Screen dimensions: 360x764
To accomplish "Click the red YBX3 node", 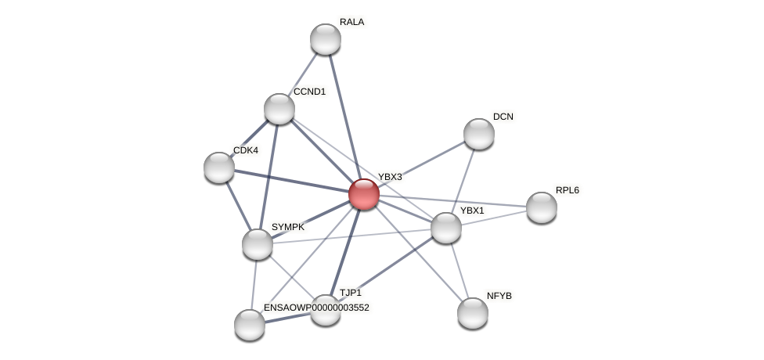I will pyautogui.click(x=364, y=194).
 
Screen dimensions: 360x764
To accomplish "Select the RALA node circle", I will pyautogui.click(x=326, y=39).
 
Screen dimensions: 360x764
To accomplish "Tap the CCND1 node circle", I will pyautogui.click(x=279, y=109).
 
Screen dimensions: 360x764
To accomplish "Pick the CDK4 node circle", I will pyautogui.click(x=219, y=167).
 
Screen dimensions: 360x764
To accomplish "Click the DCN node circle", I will pyautogui.click(x=479, y=134).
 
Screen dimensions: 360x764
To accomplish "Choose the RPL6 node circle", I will pyautogui.click(x=542, y=207).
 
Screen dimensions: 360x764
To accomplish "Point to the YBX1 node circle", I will pyautogui.click(x=446, y=228).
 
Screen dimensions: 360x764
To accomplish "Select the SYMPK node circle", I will pyautogui.click(x=258, y=244).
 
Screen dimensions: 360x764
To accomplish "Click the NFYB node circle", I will pyautogui.click(x=473, y=313).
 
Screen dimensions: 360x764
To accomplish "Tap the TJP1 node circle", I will pyautogui.click(x=326, y=311).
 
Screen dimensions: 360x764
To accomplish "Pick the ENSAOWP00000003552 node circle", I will pyautogui.click(x=250, y=325).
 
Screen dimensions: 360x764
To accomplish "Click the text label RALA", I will pyautogui.click(x=351, y=22).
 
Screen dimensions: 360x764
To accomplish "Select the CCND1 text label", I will pyautogui.click(x=309, y=92).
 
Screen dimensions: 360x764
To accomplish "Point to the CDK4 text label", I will pyautogui.click(x=245, y=150).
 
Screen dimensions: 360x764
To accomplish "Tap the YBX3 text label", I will pyautogui.click(x=390, y=177).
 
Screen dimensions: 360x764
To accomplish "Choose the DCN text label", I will pyautogui.click(x=503, y=117).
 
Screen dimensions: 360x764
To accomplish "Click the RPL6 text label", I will pyautogui.click(x=568, y=190).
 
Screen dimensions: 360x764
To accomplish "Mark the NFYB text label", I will pyautogui.click(x=499, y=296).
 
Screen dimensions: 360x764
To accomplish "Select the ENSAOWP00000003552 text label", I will pyautogui.click(x=316, y=308).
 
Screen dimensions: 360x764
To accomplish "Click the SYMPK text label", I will pyautogui.click(x=288, y=227).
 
